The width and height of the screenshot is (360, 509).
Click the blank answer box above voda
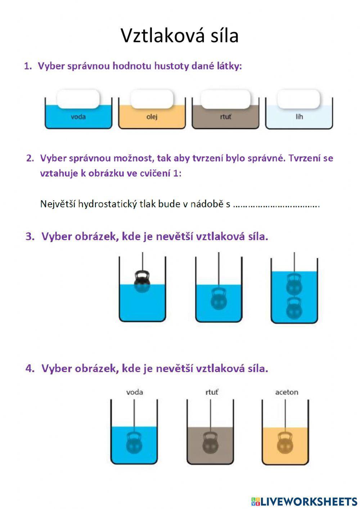click(x=78, y=99)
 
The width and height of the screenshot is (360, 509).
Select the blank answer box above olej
click(x=152, y=99)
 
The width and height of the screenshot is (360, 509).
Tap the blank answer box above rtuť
click(x=225, y=99)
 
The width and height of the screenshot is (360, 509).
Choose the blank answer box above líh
click(x=299, y=99)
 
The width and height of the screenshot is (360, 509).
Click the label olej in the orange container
click(x=152, y=117)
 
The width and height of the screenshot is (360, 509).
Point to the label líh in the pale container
click(x=299, y=117)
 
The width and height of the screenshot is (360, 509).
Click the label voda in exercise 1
click(x=78, y=117)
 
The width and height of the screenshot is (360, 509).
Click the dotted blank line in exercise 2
click(x=276, y=205)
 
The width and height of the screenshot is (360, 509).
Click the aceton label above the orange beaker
click(x=287, y=392)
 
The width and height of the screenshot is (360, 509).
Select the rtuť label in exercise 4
click(x=211, y=392)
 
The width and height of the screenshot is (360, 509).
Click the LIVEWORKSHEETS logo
click(x=304, y=501)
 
